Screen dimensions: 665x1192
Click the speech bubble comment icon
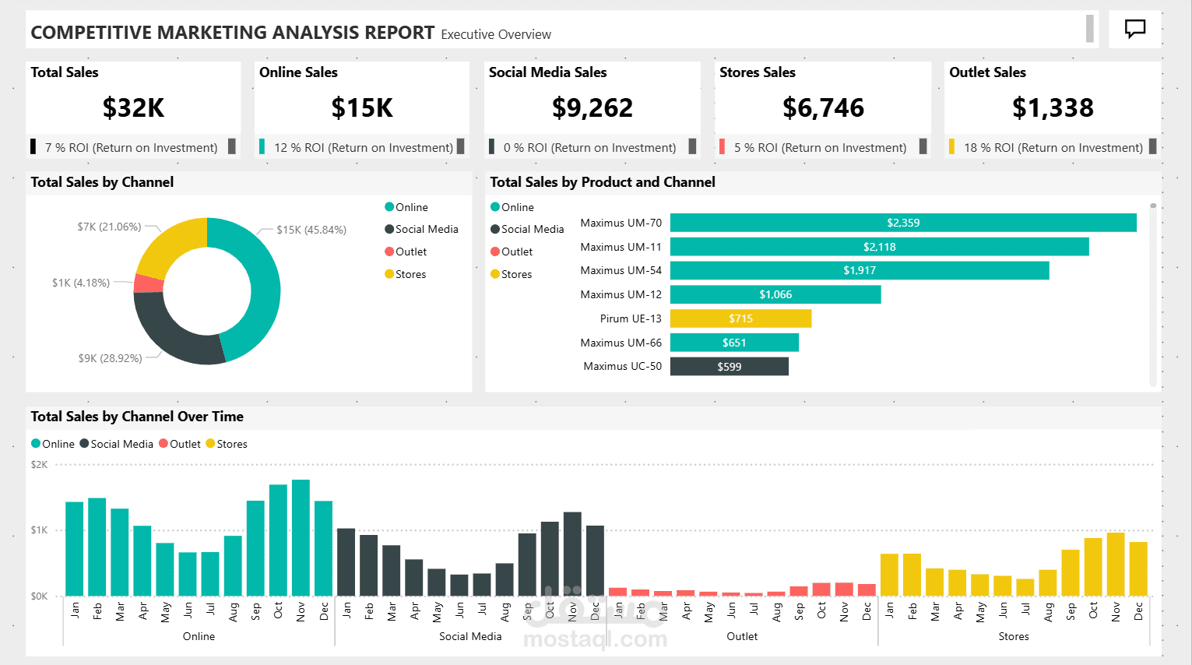1135,30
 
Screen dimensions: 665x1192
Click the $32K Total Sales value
133,107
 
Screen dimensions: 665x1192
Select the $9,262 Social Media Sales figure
592,107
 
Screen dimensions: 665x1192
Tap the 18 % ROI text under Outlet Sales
1053,147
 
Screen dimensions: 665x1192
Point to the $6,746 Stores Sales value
823,107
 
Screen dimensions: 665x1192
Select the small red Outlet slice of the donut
148,283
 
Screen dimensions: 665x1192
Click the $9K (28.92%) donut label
110,358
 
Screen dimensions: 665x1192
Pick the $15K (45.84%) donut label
311,230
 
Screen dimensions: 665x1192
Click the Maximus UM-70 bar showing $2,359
903,223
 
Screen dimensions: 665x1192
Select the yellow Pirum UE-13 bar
740,318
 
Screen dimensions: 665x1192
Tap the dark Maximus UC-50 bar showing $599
729,366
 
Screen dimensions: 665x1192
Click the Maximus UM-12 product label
621,294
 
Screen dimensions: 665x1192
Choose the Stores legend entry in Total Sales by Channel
410,274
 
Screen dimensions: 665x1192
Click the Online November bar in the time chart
301,538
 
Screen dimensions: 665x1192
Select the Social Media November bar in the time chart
572,554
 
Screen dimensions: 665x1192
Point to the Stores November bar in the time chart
1116,564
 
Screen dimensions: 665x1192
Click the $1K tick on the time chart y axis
39,530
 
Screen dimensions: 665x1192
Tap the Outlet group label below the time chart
741,636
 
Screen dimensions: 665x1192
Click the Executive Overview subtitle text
496,34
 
